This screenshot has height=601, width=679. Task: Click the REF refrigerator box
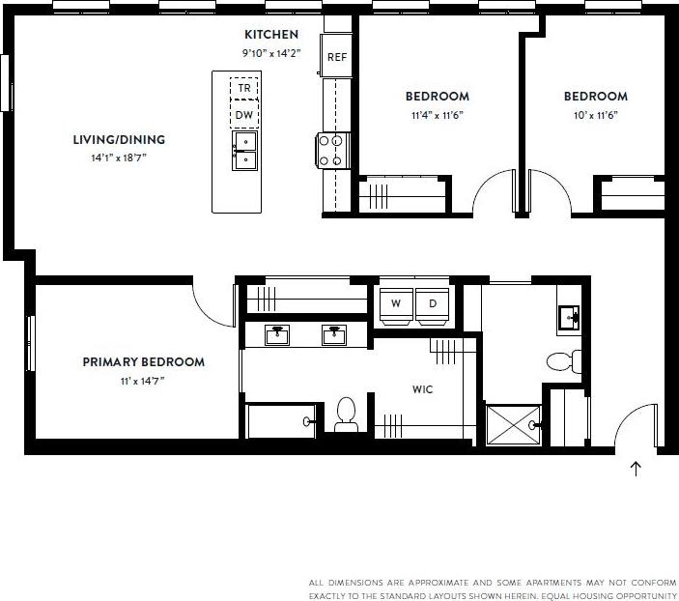tap(336, 57)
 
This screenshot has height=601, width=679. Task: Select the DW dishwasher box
tap(243, 115)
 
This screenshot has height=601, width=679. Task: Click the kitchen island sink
tap(244, 152)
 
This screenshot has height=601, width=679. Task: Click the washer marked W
tap(395, 303)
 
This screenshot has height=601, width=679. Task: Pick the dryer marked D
tap(433, 303)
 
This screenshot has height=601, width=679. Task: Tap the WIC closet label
tap(422, 389)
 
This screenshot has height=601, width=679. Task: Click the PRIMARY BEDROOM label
tap(143, 362)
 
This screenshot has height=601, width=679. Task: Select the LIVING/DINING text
tap(119, 139)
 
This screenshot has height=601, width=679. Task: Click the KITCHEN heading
tap(271, 35)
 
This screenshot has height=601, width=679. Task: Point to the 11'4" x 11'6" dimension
tap(437, 115)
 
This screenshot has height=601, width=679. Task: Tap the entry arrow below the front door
tap(636, 470)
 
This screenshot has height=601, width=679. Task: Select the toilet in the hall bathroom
tap(563, 361)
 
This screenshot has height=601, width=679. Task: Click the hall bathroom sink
tap(569, 315)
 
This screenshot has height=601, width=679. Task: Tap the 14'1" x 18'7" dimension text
tap(119, 157)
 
